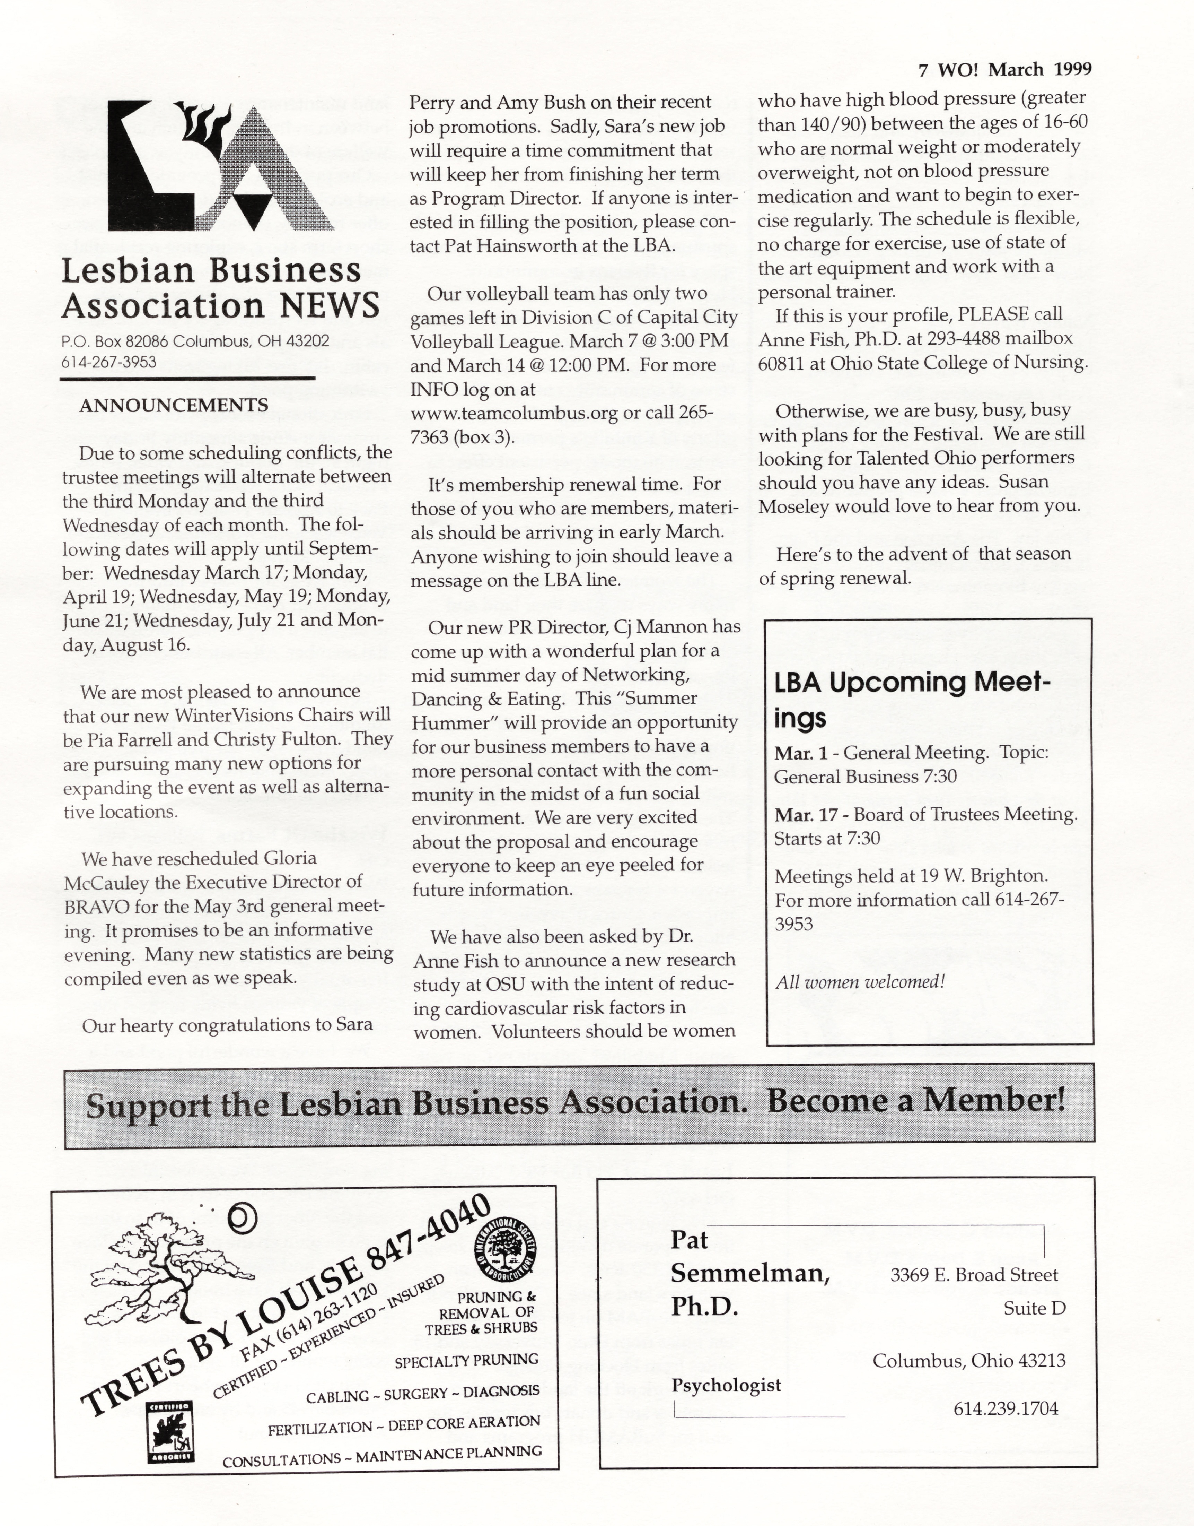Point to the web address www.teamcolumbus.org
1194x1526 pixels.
click(514, 413)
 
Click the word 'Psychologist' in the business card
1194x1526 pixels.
click(726, 1385)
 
